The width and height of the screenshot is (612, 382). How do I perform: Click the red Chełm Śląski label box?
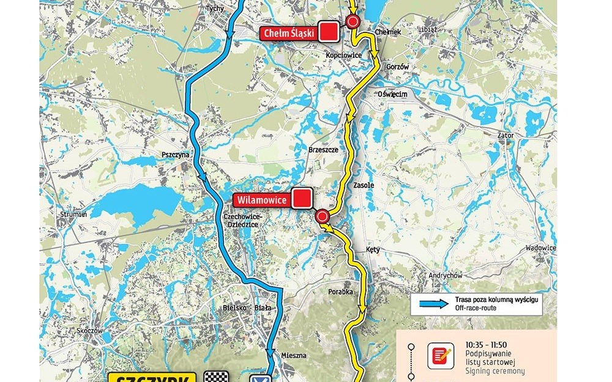[x=290, y=33]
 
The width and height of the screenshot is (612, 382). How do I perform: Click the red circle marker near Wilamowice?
[x=323, y=216]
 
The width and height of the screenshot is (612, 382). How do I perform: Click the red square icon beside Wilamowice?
[x=301, y=199]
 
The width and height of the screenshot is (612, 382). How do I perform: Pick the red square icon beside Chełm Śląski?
[x=330, y=32]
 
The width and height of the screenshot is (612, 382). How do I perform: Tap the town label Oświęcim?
[x=392, y=94]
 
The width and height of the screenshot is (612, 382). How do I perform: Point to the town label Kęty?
[x=373, y=250]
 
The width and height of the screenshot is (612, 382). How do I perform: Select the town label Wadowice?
[x=541, y=248]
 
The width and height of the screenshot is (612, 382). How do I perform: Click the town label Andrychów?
[x=445, y=276]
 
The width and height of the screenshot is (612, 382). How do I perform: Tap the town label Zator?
[x=506, y=135]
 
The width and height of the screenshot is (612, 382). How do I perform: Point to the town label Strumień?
[x=73, y=215]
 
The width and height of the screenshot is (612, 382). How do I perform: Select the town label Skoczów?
[x=89, y=331]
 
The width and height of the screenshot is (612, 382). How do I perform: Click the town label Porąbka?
[x=341, y=292]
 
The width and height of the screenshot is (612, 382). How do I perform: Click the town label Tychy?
[x=215, y=9]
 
